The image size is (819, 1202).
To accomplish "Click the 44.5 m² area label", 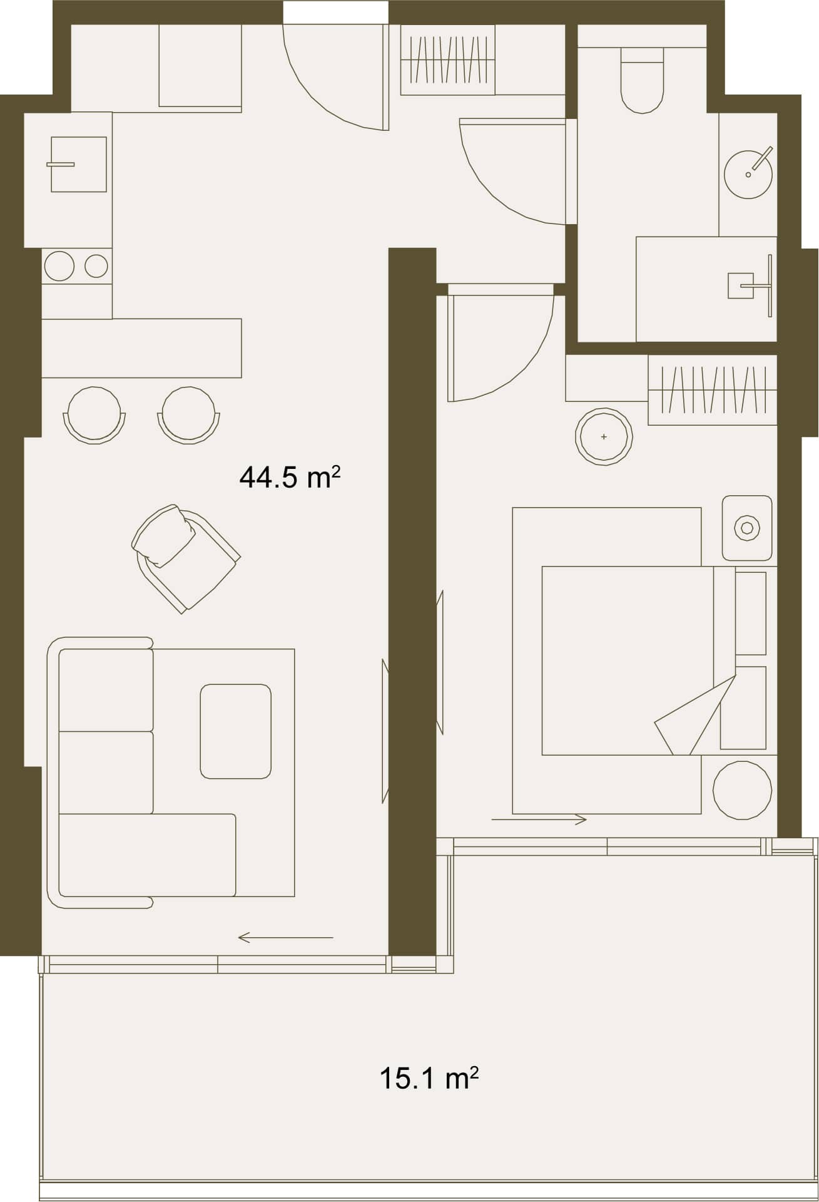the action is (x=290, y=478).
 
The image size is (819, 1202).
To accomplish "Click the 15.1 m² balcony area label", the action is (x=429, y=1079).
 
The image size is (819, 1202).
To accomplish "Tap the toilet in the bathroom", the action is (x=641, y=81).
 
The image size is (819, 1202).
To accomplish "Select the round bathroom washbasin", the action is (x=748, y=173).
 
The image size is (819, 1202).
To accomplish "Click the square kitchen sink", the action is (x=79, y=165).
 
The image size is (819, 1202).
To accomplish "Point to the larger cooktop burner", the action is (x=59, y=266).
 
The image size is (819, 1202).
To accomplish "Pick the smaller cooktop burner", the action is (x=96, y=266).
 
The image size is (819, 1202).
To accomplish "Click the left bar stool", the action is (x=94, y=415).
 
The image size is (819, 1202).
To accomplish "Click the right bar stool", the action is (x=189, y=415).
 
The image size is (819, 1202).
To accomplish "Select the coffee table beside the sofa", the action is (x=236, y=731).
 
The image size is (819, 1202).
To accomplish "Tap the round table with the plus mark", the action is (x=604, y=436).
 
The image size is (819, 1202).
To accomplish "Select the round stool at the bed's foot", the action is (x=742, y=790).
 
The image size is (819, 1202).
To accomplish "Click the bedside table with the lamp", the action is (x=747, y=528).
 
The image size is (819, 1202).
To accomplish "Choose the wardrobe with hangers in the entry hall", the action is (x=447, y=60).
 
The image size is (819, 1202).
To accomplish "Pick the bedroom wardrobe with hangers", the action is (x=713, y=390).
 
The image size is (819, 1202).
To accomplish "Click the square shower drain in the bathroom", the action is (x=741, y=285).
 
